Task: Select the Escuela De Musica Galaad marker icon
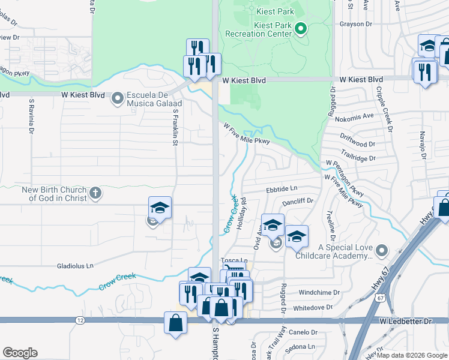117,96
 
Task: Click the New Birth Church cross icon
95,193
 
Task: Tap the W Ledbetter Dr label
405,322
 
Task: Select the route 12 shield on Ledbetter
80,321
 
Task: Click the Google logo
20,353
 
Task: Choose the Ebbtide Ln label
282,189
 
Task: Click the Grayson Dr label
356,24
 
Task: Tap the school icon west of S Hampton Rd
160,208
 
